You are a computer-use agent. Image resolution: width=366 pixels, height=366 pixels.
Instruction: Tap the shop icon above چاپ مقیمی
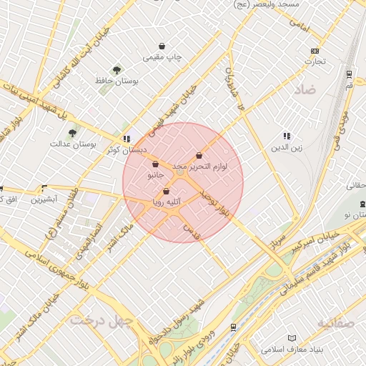click(164, 46)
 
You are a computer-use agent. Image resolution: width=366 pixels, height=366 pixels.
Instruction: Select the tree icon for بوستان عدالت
click(72, 132)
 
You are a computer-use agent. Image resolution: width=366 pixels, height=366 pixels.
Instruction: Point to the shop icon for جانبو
click(155, 164)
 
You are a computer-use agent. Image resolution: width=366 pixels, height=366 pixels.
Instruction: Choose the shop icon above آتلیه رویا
click(167, 192)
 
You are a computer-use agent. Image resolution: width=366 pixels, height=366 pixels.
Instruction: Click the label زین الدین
click(284, 147)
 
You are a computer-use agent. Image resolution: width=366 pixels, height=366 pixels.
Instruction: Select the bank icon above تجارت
click(315, 51)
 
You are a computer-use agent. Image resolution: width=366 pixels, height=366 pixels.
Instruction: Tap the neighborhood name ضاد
click(305, 90)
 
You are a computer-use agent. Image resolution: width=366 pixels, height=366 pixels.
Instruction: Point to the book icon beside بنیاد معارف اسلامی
click(291, 337)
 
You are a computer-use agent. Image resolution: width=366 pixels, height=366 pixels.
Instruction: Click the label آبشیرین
click(45, 199)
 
